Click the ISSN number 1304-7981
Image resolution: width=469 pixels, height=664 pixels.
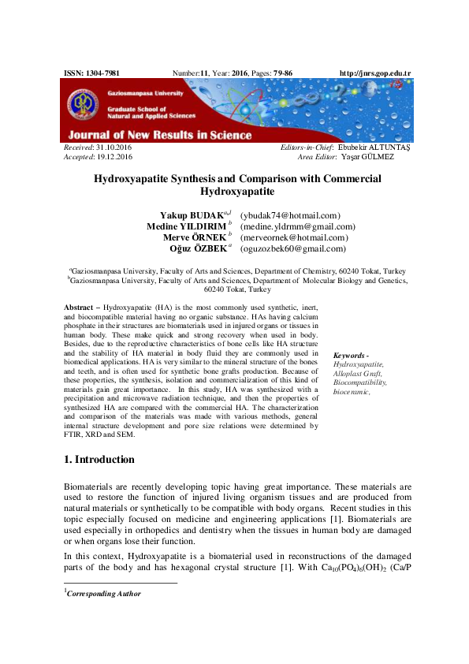tap(102, 73)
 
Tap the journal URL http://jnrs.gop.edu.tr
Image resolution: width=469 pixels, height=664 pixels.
tap(374, 73)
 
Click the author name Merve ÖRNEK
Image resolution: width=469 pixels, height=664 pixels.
tap(194, 237)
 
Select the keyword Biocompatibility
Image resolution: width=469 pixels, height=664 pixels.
tap(359, 382)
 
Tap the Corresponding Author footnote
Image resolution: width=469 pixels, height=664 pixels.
tap(104, 594)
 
